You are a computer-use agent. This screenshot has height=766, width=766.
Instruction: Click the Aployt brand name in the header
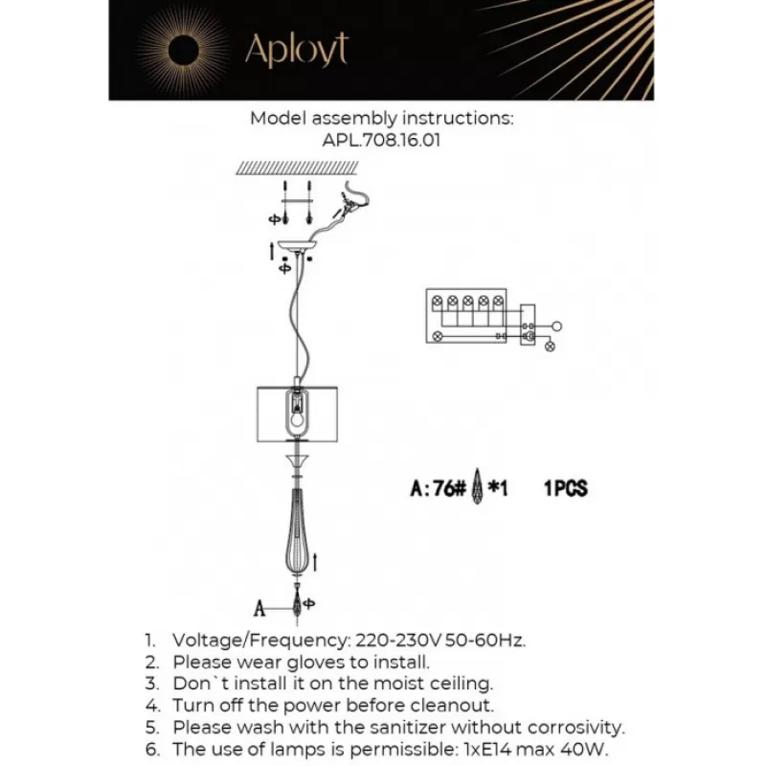(296, 50)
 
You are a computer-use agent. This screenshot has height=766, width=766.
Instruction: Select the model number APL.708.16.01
(382, 140)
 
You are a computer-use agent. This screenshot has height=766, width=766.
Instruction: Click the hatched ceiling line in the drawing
(297, 168)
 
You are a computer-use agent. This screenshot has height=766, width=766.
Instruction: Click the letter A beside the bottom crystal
(259, 606)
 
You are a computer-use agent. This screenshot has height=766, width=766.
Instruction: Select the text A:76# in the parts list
(438, 488)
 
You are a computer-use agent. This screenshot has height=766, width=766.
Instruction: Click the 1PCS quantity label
(565, 488)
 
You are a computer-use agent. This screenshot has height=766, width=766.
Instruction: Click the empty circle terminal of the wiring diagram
(559, 327)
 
